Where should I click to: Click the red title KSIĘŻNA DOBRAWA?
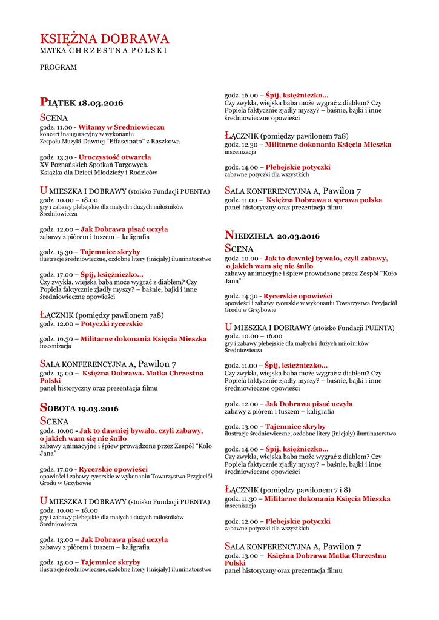coord(104,39)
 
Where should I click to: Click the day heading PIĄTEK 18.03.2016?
coord(81,103)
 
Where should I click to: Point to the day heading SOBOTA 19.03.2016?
coord(79,408)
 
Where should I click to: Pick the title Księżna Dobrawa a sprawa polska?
coord(324,199)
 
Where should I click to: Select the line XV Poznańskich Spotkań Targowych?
coord(94,164)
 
